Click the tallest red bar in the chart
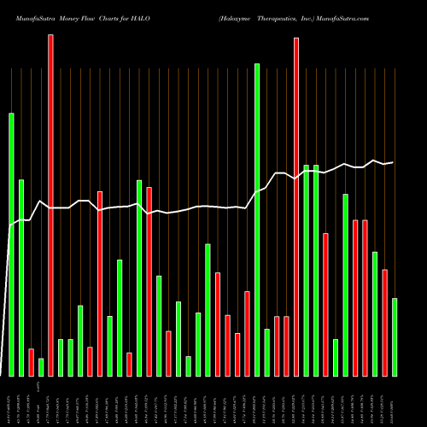(x=50, y=205)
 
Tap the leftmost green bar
(x=11, y=244)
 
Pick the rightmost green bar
(x=395, y=336)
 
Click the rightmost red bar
(x=384, y=322)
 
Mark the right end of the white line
(x=393, y=162)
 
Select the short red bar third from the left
(x=31, y=362)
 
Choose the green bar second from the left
(x=21, y=278)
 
